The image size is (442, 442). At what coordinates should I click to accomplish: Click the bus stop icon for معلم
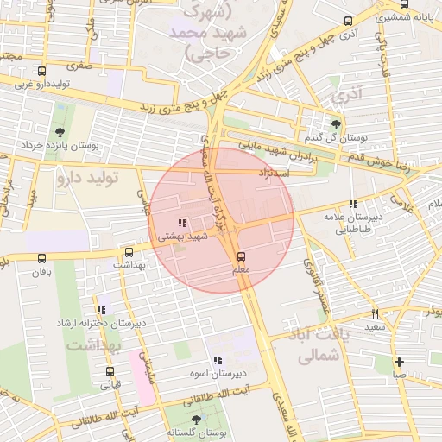(241, 256)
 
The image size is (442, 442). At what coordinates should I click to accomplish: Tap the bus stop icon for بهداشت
(129, 253)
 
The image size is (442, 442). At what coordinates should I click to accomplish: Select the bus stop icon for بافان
(41, 258)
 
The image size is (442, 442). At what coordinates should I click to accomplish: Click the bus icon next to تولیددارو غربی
(42, 71)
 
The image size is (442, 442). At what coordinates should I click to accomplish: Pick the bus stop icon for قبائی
(110, 371)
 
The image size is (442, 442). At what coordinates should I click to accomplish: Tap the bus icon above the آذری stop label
(348, 22)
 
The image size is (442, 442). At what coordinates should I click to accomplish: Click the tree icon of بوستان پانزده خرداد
(59, 132)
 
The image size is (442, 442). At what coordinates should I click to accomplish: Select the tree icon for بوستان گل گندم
(336, 123)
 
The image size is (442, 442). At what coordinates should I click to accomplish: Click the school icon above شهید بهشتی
(182, 223)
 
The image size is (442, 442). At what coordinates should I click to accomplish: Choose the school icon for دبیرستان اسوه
(217, 360)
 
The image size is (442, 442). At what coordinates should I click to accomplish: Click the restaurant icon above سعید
(375, 313)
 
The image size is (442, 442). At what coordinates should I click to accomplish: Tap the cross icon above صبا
(398, 362)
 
